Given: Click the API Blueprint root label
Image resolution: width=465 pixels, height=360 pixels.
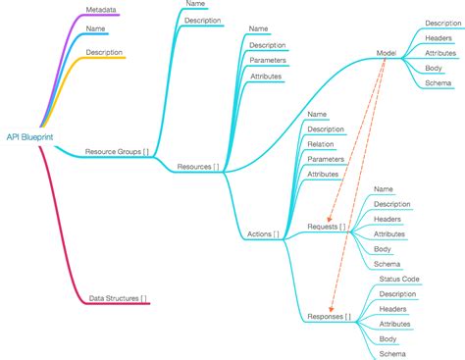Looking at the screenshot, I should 30,137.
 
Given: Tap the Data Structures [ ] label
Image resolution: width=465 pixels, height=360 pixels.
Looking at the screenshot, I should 119,297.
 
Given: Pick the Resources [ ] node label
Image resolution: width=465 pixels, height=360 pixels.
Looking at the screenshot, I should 198,167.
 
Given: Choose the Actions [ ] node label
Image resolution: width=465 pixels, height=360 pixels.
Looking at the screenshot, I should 263,234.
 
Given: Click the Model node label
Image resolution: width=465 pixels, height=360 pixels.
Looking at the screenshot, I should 387,53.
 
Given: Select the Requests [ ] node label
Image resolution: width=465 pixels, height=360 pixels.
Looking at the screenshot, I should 327,227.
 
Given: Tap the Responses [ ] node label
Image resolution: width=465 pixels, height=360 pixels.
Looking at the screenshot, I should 329,317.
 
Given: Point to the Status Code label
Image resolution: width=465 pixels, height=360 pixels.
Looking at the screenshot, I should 399,280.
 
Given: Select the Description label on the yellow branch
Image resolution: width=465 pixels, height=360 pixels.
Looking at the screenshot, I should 104,52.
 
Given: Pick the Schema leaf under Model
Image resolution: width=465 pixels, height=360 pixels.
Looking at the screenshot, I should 439,83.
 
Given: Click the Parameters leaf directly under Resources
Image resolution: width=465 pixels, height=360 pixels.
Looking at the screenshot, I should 268,60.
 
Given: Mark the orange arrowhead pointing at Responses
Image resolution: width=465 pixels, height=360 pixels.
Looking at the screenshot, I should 331,308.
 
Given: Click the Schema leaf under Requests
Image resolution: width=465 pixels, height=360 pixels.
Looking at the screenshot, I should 387,264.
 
